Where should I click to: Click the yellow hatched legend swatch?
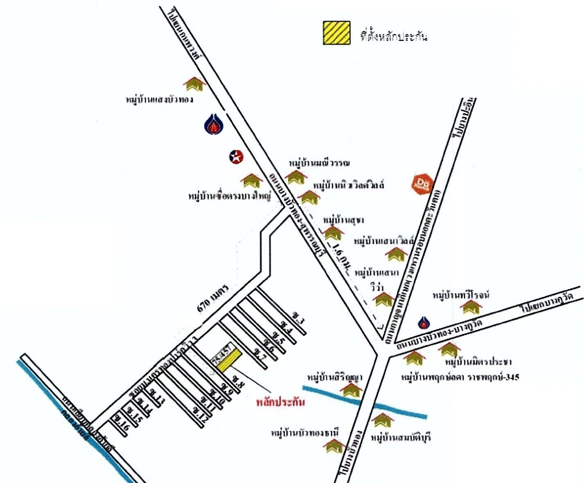coord(336,33)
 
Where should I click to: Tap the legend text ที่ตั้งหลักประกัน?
coord(394,36)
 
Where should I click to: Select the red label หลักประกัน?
coord(280,402)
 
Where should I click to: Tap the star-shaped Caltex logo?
coord(236,156)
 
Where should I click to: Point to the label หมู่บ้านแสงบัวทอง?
coord(160,99)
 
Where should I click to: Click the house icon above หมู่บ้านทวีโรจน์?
coord(471,307)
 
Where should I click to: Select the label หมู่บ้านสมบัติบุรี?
coord(401,438)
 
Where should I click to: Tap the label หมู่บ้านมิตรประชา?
coord(478,362)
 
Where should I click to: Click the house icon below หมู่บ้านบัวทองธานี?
coord(335,446)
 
